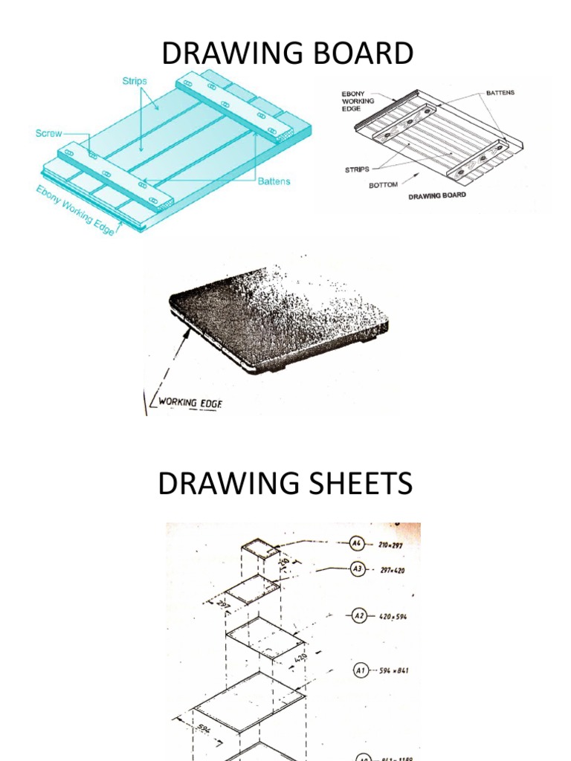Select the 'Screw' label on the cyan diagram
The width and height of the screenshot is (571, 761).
49,134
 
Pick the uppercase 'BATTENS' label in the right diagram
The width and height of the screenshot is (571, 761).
500,93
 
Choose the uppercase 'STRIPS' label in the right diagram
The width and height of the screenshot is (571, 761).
357,169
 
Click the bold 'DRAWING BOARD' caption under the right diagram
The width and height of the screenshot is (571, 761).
437,195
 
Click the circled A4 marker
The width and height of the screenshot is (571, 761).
359,544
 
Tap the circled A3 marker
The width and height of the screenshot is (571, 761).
359,570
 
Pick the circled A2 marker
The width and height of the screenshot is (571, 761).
359,616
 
